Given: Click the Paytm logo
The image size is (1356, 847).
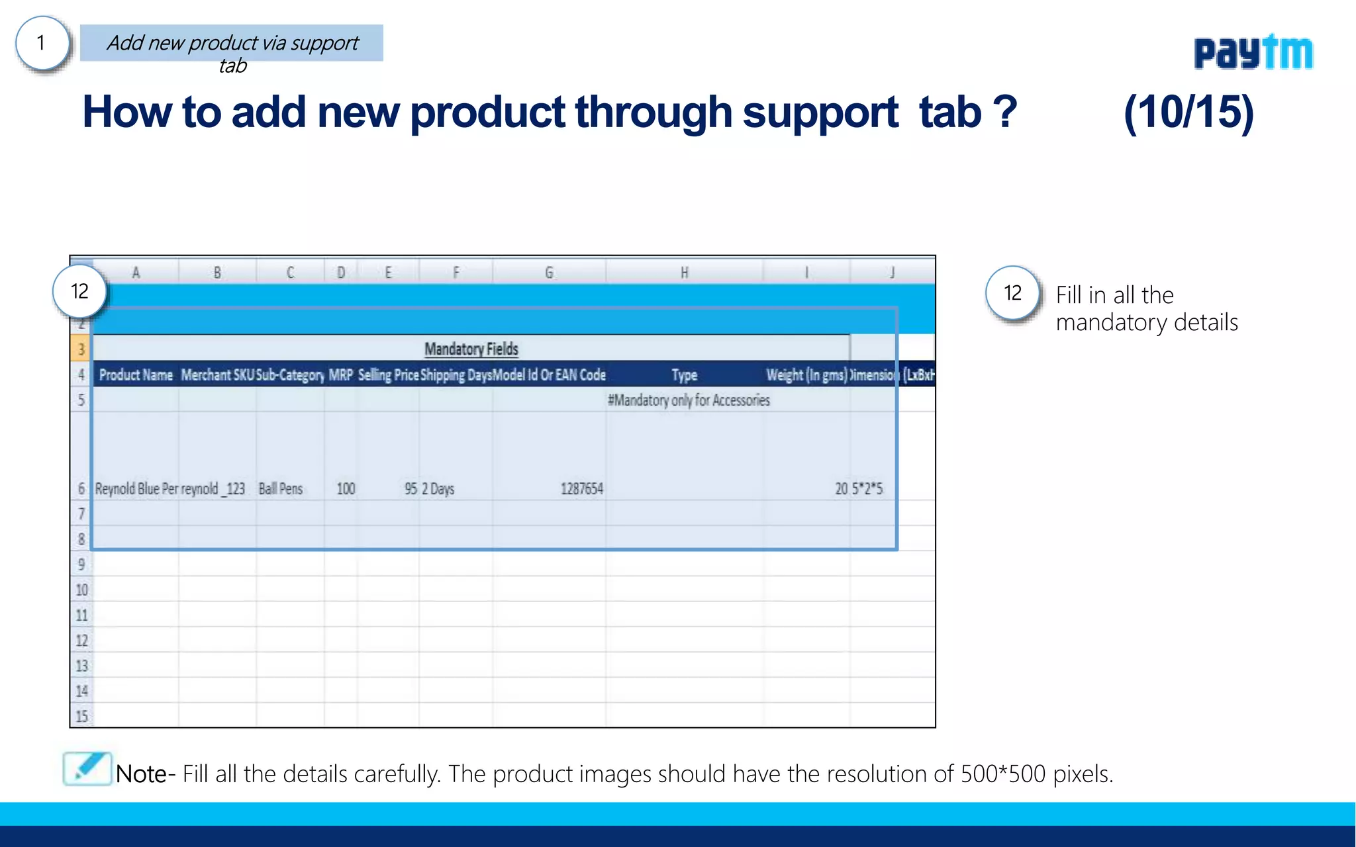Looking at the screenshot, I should pyautogui.click(x=1253, y=52).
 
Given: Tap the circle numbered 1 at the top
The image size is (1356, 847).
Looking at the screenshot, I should pyautogui.click(x=42, y=44).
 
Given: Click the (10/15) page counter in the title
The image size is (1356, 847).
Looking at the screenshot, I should pyautogui.click(x=1188, y=112).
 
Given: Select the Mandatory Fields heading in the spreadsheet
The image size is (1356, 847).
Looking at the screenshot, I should pyautogui.click(x=471, y=349).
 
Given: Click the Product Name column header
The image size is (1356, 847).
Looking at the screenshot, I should pyautogui.click(x=136, y=375).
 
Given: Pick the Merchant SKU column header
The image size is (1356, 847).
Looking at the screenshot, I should pyautogui.click(x=217, y=375).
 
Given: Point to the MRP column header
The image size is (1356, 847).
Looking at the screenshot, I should pyautogui.click(x=340, y=375).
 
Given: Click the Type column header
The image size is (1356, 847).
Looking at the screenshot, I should pyautogui.click(x=684, y=375).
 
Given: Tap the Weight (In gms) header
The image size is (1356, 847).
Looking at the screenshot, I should pyautogui.click(x=806, y=375).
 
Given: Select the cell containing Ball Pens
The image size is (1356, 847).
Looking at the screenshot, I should pyautogui.click(x=280, y=489).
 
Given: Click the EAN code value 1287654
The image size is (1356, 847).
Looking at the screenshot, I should pyautogui.click(x=581, y=489).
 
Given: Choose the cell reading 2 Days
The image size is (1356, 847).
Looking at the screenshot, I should pyautogui.click(x=438, y=489).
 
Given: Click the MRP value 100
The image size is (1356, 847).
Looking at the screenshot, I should pyautogui.click(x=346, y=489).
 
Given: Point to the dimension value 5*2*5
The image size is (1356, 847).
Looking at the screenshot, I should pyautogui.click(x=867, y=489).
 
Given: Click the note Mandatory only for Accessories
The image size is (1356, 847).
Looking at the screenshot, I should pyautogui.click(x=689, y=400).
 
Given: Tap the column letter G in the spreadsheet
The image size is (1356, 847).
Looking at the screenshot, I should pyautogui.click(x=548, y=273).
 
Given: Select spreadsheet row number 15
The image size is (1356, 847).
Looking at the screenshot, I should pyautogui.click(x=81, y=716).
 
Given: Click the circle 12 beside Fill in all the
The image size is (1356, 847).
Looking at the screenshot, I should pyautogui.click(x=1012, y=293).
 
